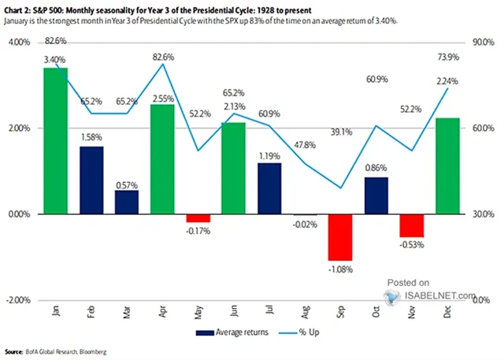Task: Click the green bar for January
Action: pos(55,141)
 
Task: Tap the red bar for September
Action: pos(339,237)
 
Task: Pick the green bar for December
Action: pos(446,166)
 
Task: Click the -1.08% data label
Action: pos(339,269)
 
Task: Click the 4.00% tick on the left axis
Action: pos(18,43)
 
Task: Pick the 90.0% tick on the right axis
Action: pos(482,43)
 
